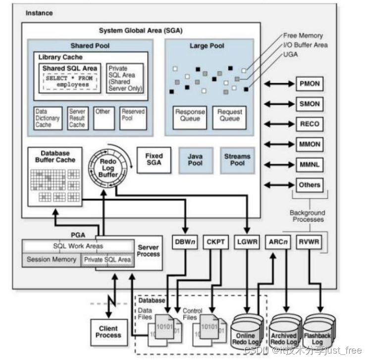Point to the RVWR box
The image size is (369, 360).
click(x=310, y=242)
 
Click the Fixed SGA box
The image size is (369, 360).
click(x=154, y=160)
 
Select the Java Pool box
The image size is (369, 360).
click(x=195, y=160)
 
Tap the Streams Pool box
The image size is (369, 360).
click(x=237, y=160)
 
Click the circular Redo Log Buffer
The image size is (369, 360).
click(x=108, y=168)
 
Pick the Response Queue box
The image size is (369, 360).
click(x=190, y=116)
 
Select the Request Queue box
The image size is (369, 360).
click(x=229, y=116)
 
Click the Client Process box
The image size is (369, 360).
click(x=108, y=332)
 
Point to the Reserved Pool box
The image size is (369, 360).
click(x=133, y=118)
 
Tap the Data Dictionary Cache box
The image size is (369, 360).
click(x=48, y=118)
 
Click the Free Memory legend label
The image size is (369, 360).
click(x=303, y=36)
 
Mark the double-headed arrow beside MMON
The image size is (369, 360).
click(x=278, y=144)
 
